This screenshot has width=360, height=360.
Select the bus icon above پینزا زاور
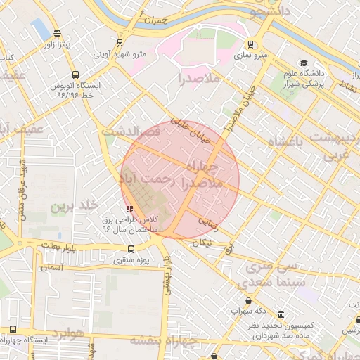click(x=57, y=33)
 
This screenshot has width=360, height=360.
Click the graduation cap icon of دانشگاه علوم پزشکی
click(x=303, y=63)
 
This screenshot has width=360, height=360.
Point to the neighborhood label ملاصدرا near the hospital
click(x=199, y=77)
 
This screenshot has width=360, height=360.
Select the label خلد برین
click(x=72, y=206)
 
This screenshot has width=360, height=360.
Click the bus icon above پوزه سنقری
click(x=131, y=249)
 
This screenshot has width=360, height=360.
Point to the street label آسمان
click(x=52, y=267)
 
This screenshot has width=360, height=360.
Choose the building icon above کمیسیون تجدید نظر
click(x=281, y=314)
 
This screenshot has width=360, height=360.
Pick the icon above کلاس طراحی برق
click(x=129, y=209)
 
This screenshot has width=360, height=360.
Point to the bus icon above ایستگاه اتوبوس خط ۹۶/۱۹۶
click(x=75, y=74)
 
